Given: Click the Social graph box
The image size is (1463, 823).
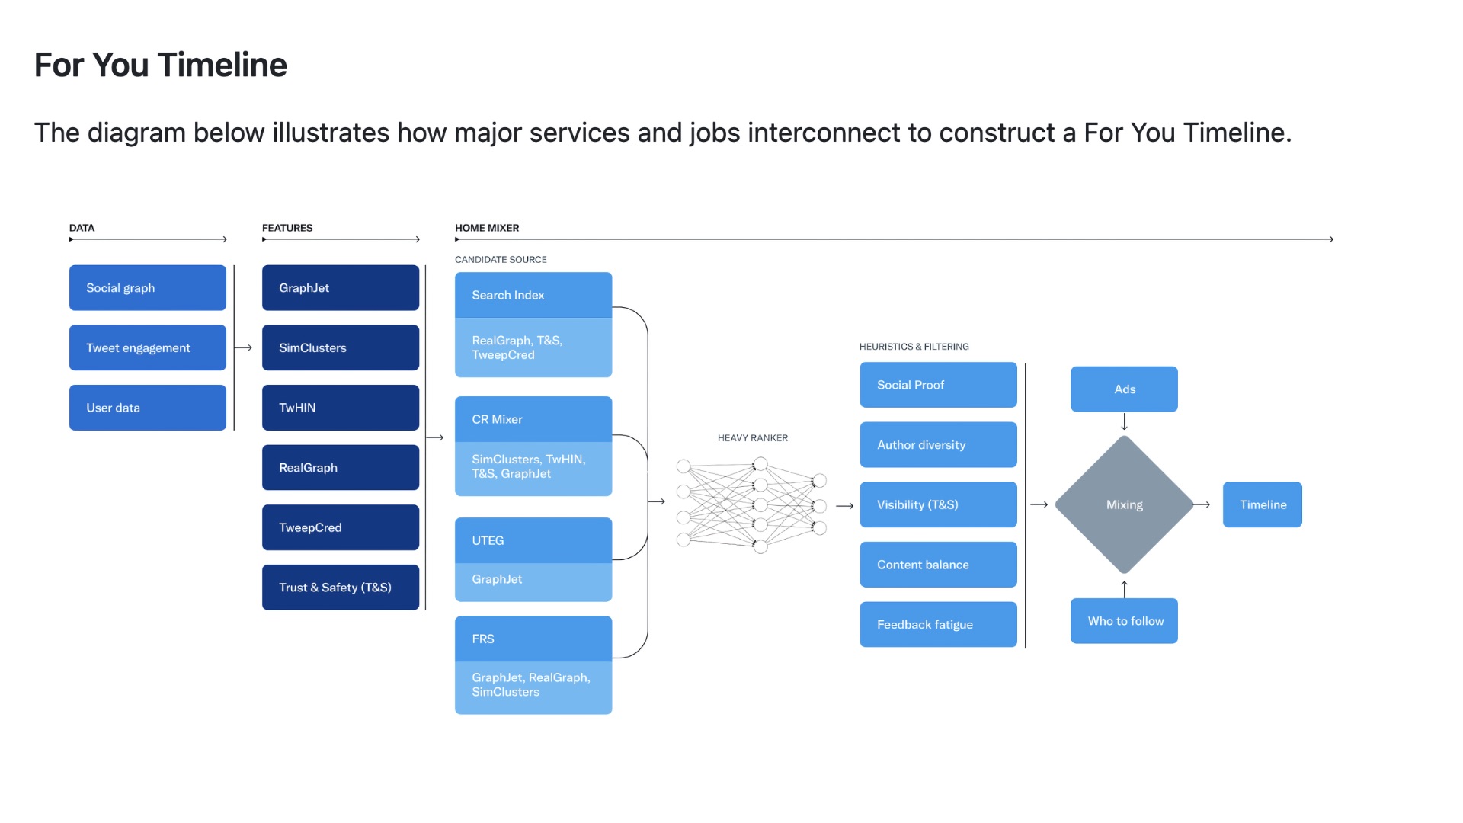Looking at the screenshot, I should pos(147,287).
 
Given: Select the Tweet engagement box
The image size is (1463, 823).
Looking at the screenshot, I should pos(147,347).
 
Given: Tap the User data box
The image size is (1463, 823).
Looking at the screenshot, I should pos(147,408).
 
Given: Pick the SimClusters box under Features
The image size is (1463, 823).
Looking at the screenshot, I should pos(340,347).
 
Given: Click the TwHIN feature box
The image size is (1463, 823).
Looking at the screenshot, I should pos(340,408).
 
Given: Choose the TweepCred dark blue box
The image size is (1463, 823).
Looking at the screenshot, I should pos(340,527).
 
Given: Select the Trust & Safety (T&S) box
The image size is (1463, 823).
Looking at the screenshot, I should pos(340,588).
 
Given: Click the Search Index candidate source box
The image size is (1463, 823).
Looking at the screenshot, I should pos(533,295).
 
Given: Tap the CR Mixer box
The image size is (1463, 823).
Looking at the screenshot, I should pos(533,419).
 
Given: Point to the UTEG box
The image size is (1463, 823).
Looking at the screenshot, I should pos(533,540).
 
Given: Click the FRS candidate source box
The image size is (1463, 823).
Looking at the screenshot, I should pos(533,639).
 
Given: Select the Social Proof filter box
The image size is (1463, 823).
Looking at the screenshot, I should pos(938,385).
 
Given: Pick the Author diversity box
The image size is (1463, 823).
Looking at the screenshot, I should pos(938,445).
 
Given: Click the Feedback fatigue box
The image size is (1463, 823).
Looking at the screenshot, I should pos(938,624).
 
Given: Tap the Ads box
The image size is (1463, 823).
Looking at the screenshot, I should pos(1124,389).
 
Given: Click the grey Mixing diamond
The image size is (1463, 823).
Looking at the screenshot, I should pos(1124,504).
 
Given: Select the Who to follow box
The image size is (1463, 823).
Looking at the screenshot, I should pos(1124,621).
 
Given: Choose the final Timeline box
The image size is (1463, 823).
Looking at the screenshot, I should pos(1262,504).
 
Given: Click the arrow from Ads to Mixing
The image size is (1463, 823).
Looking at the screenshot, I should pos(1125,422).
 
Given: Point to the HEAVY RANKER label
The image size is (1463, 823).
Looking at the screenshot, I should pos(753,438).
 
